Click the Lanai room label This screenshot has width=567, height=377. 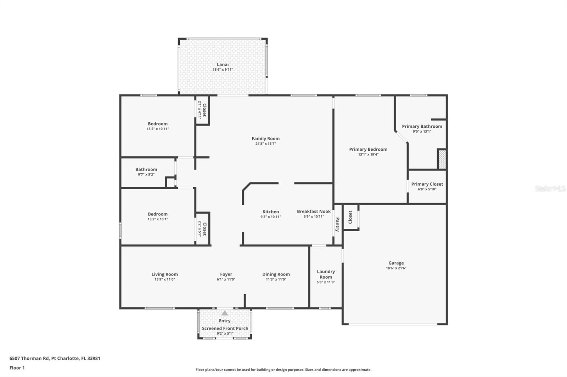pyautogui.click(x=223, y=64)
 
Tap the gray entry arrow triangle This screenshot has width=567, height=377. pyautogui.click(x=225, y=313)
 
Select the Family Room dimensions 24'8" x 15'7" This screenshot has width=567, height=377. pyautogui.click(x=265, y=144)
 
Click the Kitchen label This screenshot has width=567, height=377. pyautogui.click(x=270, y=211)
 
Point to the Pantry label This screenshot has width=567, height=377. pyautogui.click(x=337, y=224)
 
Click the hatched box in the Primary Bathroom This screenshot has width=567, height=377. pyautogui.click(x=442, y=159)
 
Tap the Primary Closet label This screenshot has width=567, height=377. pyautogui.click(x=427, y=184)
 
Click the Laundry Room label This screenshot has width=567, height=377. pyautogui.click(x=326, y=274)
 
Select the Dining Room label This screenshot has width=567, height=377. pyautogui.click(x=276, y=274)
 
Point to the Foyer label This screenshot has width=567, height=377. pyautogui.click(x=226, y=274)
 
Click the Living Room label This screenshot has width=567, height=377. pyautogui.click(x=164, y=274)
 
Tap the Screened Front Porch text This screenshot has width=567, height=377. pyautogui.click(x=225, y=328)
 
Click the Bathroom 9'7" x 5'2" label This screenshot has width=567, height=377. pyautogui.click(x=146, y=169)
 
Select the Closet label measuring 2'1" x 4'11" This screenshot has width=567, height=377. pyautogui.click(x=204, y=110)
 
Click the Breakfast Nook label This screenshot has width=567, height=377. pyautogui.click(x=314, y=211)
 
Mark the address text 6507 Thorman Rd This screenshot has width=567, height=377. pyautogui.click(x=55, y=358)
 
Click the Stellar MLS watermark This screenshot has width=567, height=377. pyautogui.click(x=550, y=189)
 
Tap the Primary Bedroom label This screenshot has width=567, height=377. pyautogui.click(x=368, y=149)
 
